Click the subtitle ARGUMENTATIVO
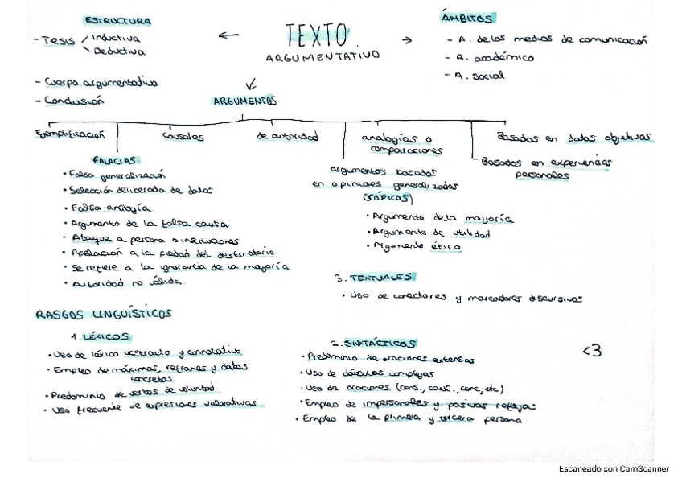pos(323,58)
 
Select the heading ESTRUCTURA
pos(117,21)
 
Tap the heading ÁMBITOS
pos(467,18)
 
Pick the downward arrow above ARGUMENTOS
pos(251,83)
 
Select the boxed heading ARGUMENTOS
pos(244,102)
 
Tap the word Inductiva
pos(114,38)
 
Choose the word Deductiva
pos(120,51)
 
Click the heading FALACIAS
pos(117,160)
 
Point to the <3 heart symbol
pos(591,350)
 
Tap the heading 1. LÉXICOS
pos(101,336)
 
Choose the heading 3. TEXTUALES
pos(372,278)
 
